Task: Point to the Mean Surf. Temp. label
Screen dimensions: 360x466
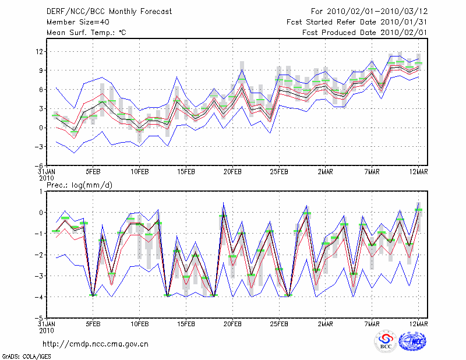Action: click(x=86, y=33)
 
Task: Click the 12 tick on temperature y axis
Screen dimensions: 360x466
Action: click(x=40, y=51)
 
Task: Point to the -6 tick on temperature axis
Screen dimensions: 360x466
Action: click(x=40, y=165)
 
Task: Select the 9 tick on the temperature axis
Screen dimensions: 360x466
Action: click(x=41, y=70)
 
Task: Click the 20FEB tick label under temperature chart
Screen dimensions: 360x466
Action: click(x=232, y=172)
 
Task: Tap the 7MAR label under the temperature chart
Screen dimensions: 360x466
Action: click(x=372, y=172)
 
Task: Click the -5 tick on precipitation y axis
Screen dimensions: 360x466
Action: click(x=40, y=318)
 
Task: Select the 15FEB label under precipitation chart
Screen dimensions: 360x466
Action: click(x=186, y=324)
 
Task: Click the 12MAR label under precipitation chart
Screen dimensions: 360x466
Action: click(x=419, y=324)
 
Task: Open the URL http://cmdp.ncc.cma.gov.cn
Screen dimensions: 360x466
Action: click(x=96, y=344)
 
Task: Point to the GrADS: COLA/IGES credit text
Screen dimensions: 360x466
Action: click(x=22, y=355)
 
